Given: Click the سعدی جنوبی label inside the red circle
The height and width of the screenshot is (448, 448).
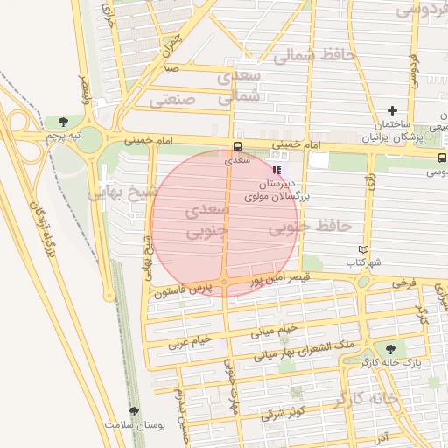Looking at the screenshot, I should [x=207, y=221].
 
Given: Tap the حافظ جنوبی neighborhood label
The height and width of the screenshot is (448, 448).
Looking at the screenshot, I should [x=309, y=227].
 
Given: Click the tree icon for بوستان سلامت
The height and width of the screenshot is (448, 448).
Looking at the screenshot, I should [x=134, y=411].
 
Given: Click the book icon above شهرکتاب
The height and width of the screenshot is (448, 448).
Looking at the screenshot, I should [x=352, y=248].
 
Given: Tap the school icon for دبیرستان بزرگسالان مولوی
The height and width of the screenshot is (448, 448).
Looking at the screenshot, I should [x=277, y=171].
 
